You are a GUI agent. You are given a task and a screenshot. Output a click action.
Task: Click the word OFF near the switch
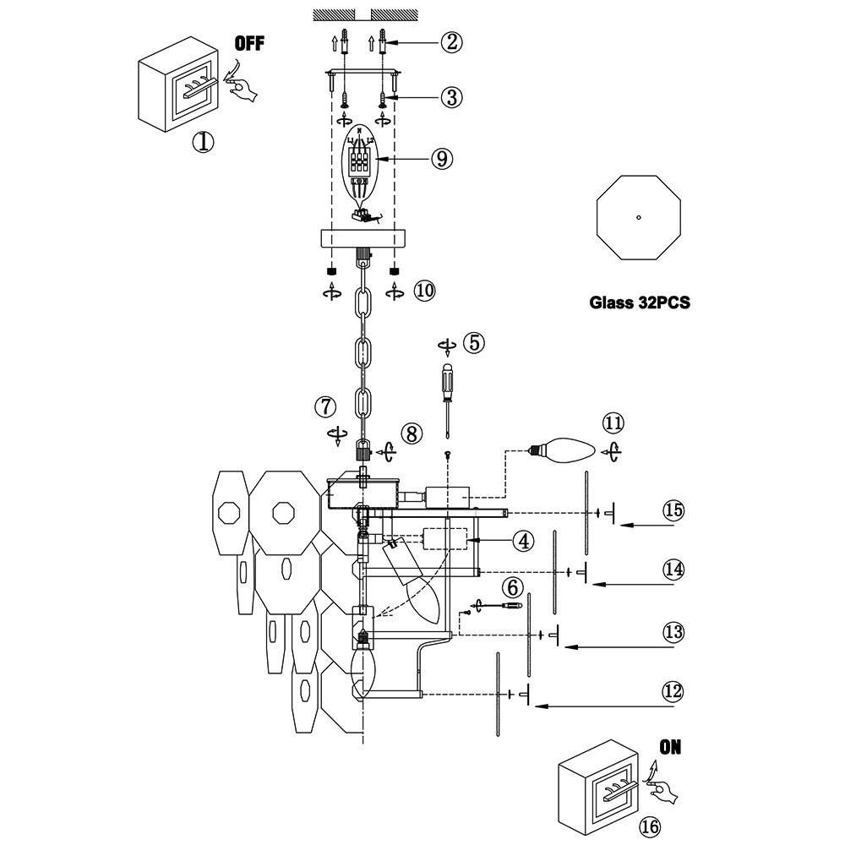point(249,44)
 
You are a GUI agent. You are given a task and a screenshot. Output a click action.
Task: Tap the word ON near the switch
point(669,747)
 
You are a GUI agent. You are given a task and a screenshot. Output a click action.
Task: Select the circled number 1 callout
point(202,142)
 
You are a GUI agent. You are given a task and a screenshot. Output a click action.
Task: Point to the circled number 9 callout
point(441,158)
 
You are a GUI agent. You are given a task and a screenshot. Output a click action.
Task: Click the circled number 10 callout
point(424,291)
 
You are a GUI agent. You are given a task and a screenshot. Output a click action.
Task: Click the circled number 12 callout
point(673,691)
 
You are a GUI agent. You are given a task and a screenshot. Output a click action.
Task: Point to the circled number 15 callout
point(673,510)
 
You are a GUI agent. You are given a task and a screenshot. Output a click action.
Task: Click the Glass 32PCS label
point(640,303)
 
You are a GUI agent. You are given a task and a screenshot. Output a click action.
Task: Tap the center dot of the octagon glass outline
point(640,217)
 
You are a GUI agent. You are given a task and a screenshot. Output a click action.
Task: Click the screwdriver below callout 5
point(445,397)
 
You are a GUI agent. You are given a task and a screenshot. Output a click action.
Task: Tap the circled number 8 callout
point(411,434)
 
